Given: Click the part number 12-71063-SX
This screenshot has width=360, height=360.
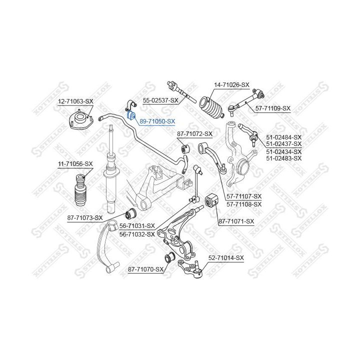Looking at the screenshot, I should click(x=75, y=101).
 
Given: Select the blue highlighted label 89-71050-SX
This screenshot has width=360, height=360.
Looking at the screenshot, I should click(x=157, y=121).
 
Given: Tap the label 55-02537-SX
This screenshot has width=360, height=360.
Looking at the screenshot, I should click(x=160, y=100).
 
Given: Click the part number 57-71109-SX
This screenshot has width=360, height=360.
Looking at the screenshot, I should click(x=272, y=108).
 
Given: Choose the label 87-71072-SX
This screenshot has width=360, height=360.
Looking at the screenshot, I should click(x=195, y=134).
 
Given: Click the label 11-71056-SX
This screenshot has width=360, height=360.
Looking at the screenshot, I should click(x=75, y=163).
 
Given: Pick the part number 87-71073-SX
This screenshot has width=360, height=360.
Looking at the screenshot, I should click(x=85, y=217).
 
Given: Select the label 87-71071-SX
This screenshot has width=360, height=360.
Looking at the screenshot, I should click(x=236, y=221).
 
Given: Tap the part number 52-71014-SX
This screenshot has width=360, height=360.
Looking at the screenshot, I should click(x=226, y=258).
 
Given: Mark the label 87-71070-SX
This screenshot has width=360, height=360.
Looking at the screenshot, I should click(x=146, y=269).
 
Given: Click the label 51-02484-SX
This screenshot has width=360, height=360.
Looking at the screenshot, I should click(x=284, y=137).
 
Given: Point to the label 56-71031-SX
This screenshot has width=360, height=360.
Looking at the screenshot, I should click(x=137, y=226).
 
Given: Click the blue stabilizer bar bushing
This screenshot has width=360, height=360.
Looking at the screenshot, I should click(x=132, y=116).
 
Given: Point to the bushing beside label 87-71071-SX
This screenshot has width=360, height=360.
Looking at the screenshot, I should click(x=211, y=202).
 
